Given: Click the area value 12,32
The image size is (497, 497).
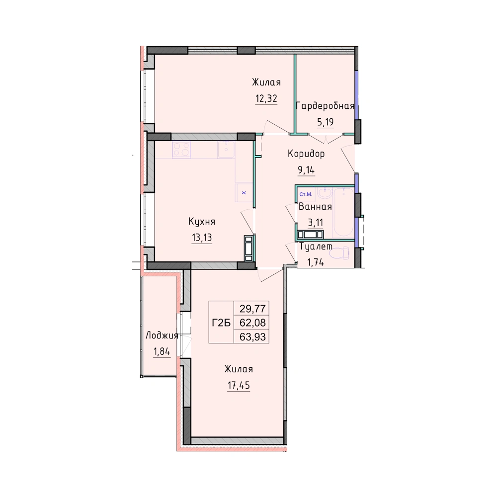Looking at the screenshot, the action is coord(266,99).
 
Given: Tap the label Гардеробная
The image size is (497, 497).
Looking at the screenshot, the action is coord(325,106).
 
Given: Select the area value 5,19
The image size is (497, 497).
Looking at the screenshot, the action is coord(325,122).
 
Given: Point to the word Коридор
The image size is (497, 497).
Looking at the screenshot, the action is coord(306,154).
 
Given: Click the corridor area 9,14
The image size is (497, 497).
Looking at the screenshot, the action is coord(306,170).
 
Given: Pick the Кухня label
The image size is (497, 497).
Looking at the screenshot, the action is coord(202,221).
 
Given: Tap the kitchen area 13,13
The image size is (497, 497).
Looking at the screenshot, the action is coord(202,238).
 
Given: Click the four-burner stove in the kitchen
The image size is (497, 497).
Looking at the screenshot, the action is coord(181,150).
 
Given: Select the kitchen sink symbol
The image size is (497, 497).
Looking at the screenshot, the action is coord(226,150).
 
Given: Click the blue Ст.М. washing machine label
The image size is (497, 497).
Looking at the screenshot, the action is coord(306,194).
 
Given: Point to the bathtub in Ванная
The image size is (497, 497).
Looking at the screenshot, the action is coord(343,212).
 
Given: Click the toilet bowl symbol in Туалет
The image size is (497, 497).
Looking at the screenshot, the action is coord(339,253).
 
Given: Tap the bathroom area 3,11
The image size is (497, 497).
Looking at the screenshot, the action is coord(316,223).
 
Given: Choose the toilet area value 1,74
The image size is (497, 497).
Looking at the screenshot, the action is coord(316,262).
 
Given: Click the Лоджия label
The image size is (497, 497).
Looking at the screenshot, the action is coord(162,335).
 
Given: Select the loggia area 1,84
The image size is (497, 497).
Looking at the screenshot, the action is coord(162,351).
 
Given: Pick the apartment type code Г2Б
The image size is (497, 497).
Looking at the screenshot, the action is coord(221,323).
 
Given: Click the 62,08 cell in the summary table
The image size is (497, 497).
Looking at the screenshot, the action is coord(252,323).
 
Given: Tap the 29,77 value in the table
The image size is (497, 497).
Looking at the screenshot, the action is coord(252,309).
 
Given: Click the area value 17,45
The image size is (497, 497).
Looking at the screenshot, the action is coord(239,386).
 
